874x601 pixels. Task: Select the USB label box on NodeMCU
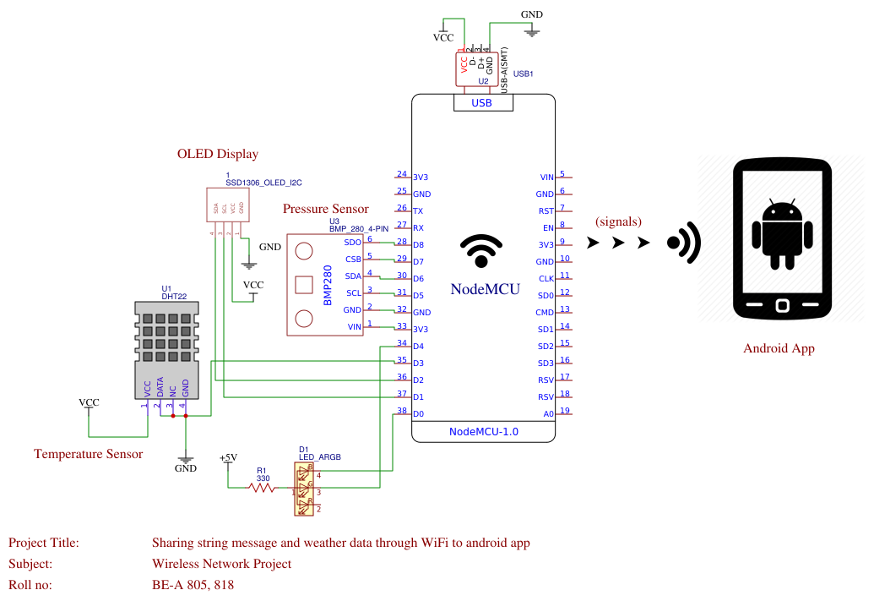(x=481, y=103)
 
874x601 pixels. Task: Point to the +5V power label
(x=228, y=458)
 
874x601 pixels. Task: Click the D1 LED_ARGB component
(x=304, y=489)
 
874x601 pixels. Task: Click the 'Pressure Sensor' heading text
(x=325, y=209)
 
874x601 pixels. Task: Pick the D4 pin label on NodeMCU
(x=418, y=347)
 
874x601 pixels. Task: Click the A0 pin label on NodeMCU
(x=548, y=414)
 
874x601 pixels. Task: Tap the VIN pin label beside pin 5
(x=546, y=178)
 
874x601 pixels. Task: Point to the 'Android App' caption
(x=779, y=348)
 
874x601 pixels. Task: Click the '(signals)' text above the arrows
(x=618, y=221)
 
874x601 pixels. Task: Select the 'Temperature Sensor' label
(x=88, y=454)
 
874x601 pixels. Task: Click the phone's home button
(x=781, y=305)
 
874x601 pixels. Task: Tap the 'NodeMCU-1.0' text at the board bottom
(x=483, y=432)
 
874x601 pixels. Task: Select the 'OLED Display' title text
(x=217, y=154)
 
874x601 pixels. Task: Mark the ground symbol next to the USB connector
(x=531, y=31)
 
